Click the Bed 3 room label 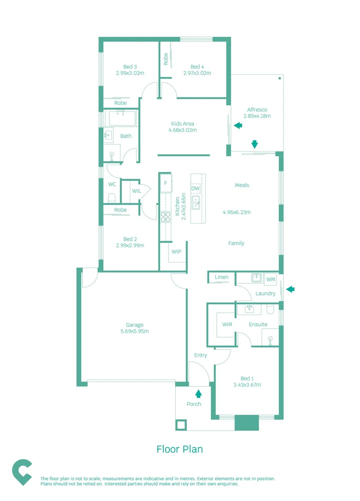[130, 66]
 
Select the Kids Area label [182, 124]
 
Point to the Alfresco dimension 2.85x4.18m [257, 116]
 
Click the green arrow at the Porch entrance [199, 394]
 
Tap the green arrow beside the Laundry [290, 289]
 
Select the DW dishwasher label [195, 189]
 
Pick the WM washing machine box [271, 279]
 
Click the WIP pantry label [176, 252]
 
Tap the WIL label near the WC [136, 191]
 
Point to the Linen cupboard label [222, 277]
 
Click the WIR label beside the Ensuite [227, 324]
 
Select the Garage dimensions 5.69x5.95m [135, 331]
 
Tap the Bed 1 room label [247, 378]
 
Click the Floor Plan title [180, 449]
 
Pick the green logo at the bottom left [22, 472]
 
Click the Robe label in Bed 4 [166, 58]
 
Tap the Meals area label [242, 185]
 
